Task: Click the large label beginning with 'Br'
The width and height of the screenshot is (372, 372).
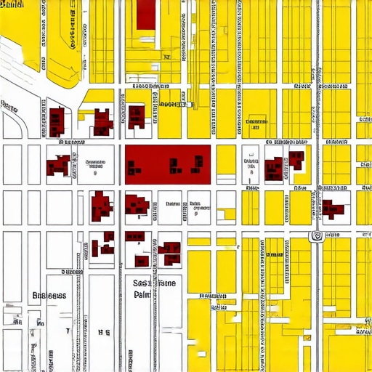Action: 49,296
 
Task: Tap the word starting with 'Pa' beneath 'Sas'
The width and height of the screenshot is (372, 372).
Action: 142,296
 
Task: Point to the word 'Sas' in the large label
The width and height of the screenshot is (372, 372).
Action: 142,283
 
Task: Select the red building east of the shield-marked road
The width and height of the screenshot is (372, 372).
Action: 333,208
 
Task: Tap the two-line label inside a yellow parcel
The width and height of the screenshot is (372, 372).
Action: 256,124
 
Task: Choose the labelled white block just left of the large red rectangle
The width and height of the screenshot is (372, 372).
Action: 95,166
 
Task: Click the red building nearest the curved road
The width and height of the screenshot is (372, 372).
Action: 55,121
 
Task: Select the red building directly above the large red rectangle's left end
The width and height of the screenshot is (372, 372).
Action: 136,117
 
